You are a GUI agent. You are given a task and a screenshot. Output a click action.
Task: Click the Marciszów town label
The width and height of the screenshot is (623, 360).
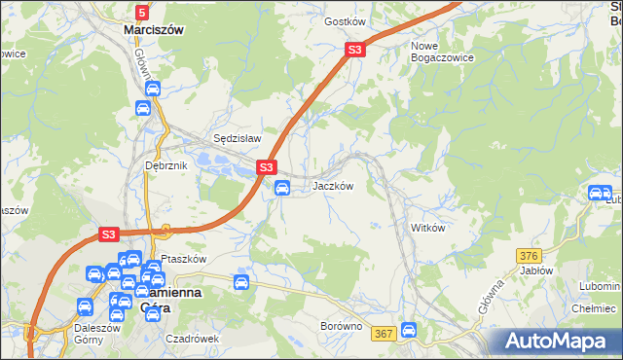(154, 30)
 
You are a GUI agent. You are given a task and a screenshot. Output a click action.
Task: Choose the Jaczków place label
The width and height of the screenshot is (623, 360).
(332, 186)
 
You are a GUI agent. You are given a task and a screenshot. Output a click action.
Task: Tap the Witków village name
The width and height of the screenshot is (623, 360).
(428, 228)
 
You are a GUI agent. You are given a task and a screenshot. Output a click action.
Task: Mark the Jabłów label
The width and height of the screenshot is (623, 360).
(536, 271)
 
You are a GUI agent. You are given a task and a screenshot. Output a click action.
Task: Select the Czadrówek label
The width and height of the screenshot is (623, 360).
(191, 339)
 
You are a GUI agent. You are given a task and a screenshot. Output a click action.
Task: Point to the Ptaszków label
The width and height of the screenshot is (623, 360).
(184, 259)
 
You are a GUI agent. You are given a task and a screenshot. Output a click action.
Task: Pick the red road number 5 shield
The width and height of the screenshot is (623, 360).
(142, 13)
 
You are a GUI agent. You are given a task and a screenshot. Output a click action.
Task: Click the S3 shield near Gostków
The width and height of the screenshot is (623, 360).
(355, 50)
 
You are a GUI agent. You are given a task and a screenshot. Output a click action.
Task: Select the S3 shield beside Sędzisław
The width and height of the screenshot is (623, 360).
(268, 168)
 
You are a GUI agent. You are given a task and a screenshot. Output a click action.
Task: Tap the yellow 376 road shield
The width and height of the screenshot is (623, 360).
(529, 255)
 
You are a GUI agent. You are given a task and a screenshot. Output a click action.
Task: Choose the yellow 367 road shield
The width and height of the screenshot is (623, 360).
(384, 334)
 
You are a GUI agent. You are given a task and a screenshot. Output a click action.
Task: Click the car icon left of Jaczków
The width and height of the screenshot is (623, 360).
(282, 188)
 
